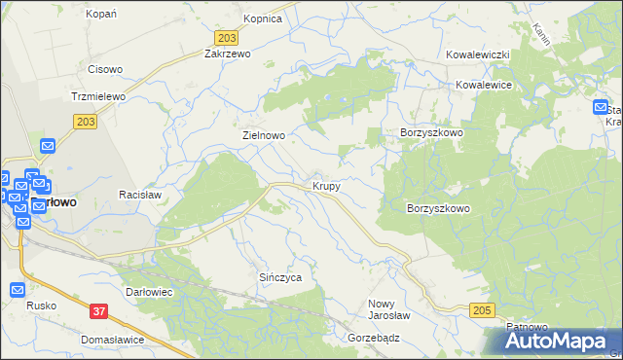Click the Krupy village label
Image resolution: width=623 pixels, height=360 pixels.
(326, 185)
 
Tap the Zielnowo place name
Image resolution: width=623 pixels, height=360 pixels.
(263, 136)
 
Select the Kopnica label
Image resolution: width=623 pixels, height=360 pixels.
(263, 18)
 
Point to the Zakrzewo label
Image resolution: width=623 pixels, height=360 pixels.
(227, 54)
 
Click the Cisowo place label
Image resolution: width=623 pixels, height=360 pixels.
(105, 69)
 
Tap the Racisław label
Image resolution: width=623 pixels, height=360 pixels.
(138, 195)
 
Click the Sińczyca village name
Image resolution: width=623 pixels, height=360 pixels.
(280, 277)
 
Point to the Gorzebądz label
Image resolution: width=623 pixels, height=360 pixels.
(374, 338)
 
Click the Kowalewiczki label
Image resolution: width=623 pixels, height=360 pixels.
(479, 55)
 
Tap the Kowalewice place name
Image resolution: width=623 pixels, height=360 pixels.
(484, 85)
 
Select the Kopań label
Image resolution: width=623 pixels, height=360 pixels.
(101, 14)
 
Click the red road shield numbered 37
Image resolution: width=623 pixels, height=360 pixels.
(97, 311)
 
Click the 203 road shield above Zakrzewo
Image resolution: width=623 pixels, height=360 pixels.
(225, 37)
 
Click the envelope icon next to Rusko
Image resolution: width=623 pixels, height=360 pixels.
(18, 290)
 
